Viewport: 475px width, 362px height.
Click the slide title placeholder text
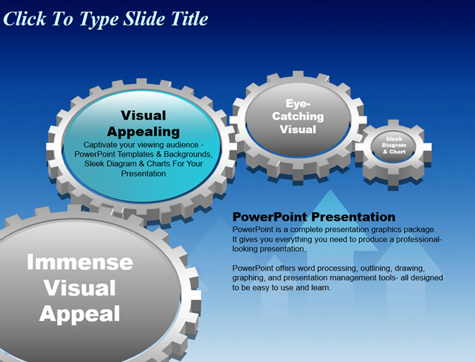point(105,19)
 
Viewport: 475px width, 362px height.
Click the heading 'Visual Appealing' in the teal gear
point(144,123)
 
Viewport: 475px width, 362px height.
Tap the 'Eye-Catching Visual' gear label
point(298,117)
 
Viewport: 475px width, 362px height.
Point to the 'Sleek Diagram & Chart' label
point(393,145)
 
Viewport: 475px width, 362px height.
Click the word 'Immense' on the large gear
point(80,262)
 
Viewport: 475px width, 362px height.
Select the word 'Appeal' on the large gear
point(79,314)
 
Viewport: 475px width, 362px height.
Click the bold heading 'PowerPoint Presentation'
point(314,217)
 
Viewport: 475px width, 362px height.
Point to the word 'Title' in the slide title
point(189,19)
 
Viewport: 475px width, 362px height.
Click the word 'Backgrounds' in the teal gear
point(188,154)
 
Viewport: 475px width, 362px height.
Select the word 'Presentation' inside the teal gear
point(144,174)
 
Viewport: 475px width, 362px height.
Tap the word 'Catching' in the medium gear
point(298,116)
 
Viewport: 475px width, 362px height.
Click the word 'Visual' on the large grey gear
point(80,288)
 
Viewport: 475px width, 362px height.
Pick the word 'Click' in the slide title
point(24,19)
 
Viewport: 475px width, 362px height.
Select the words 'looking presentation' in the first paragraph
point(269,249)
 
